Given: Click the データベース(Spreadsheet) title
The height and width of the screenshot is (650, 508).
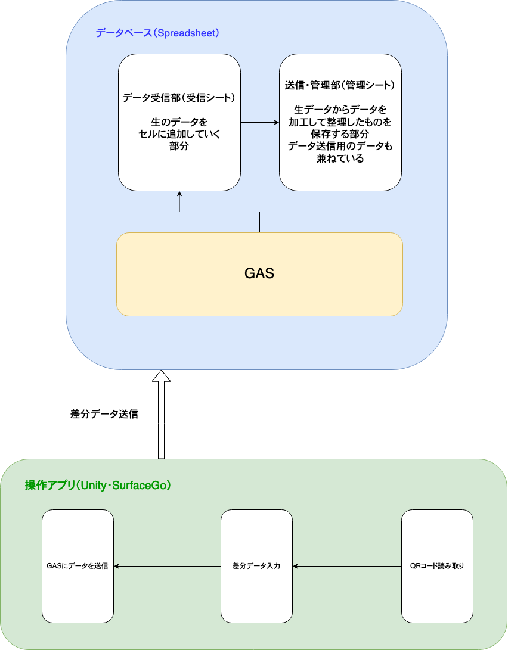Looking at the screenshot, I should pos(157,33).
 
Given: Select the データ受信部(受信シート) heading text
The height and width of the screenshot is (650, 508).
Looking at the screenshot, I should pos(179,98).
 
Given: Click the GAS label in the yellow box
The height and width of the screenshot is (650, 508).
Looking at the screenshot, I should pos(259,274).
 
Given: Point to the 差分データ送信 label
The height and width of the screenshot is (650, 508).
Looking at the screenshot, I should pos(104,414).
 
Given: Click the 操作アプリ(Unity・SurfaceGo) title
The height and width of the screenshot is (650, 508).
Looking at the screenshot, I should pos(98,486).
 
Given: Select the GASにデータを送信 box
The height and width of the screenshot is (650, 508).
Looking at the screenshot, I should pos(78,566).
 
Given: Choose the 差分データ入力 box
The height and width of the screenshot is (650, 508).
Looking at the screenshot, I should pos(256,566).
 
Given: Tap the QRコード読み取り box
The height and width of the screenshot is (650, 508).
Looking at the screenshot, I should pos(437,566).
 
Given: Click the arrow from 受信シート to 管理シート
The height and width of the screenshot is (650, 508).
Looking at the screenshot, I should pos(260,123).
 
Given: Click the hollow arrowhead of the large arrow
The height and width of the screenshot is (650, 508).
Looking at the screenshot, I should pos(161,376).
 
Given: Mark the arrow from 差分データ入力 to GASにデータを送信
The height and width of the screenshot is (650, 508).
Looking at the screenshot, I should pos(167,566).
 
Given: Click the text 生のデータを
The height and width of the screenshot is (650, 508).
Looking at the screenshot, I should pos(179,122).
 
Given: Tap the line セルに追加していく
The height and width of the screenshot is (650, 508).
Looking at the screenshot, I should pos(179,134).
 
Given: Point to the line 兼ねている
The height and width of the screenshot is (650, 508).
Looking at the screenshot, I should pos(340,158).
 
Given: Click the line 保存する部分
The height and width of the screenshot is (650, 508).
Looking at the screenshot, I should pos(340,134).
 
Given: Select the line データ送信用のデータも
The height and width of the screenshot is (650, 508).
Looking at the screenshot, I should pos(340,147).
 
